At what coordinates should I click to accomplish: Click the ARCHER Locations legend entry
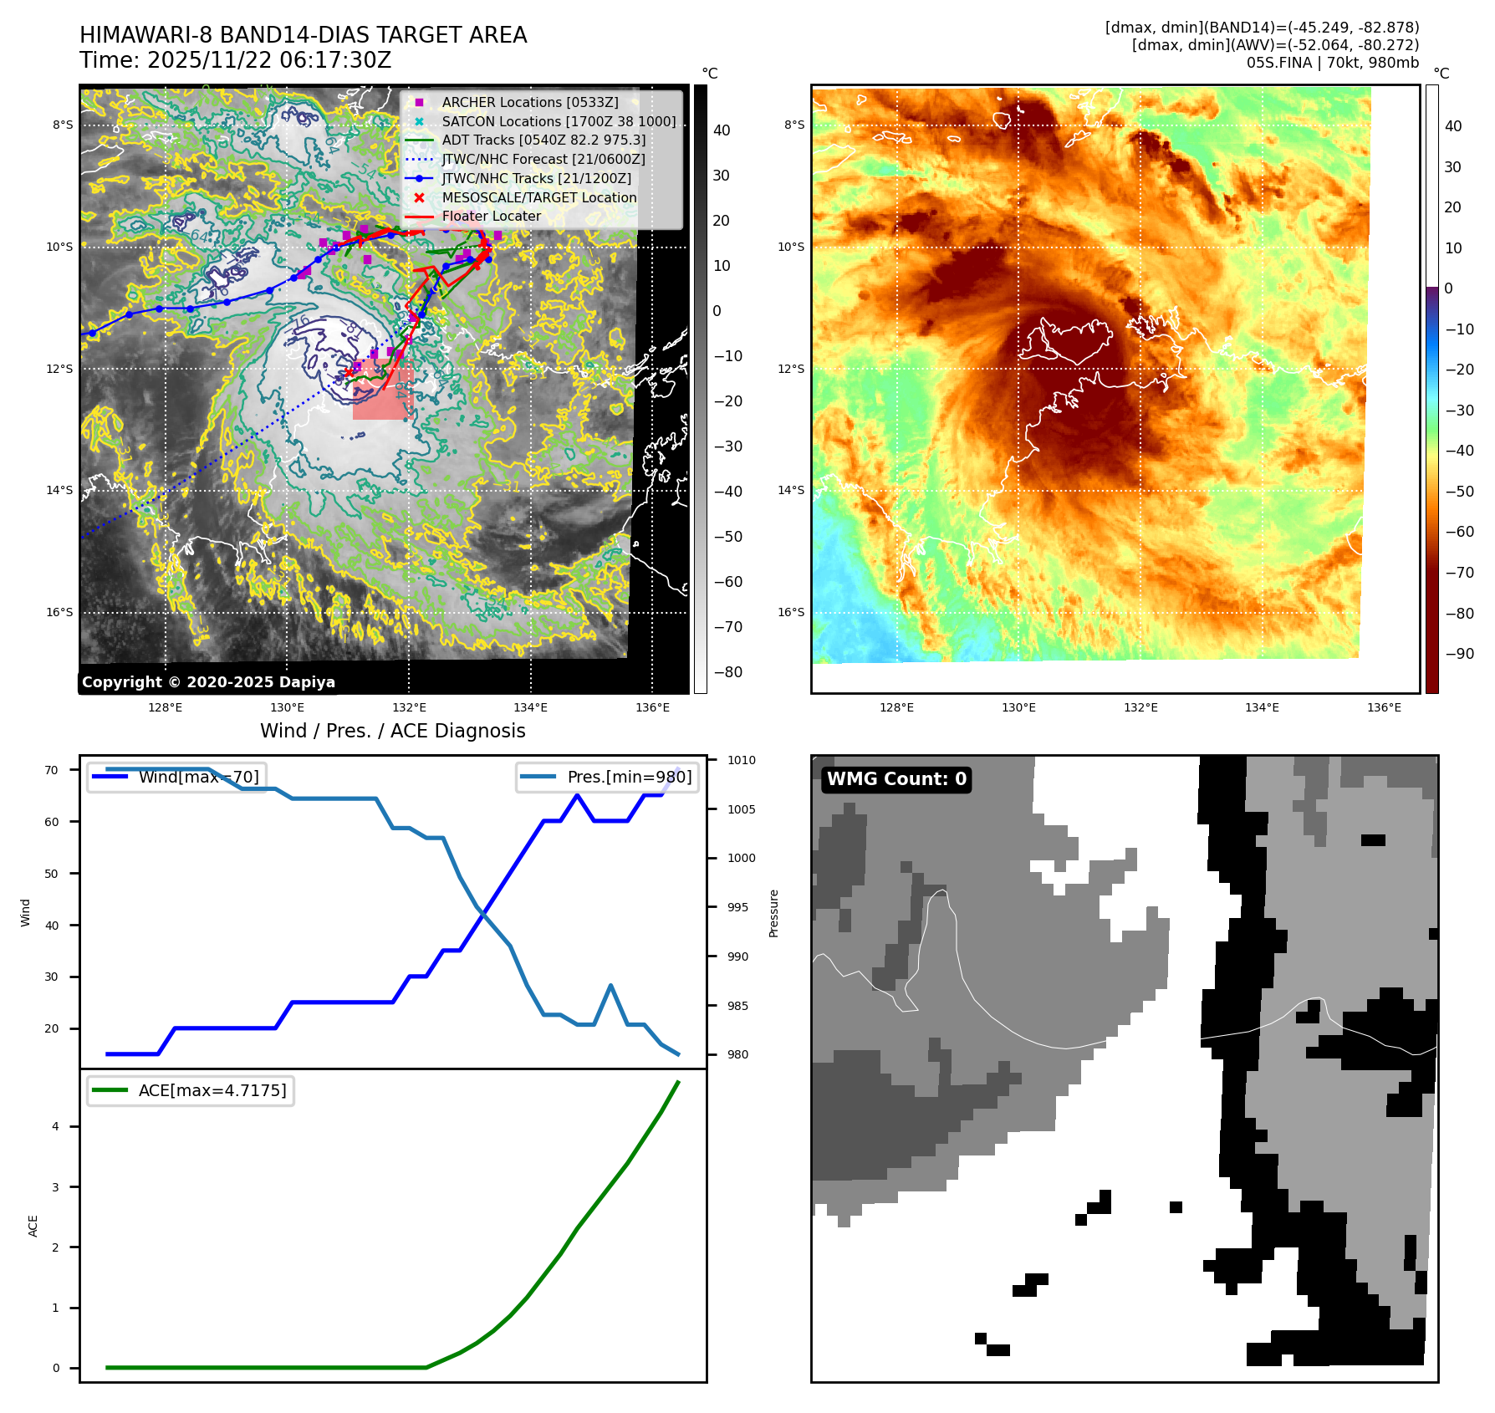[x=530, y=102]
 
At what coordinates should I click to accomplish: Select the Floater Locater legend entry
[x=491, y=217]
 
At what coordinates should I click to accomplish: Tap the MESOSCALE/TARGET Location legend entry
[x=538, y=197]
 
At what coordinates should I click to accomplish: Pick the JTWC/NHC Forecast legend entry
[x=543, y=159]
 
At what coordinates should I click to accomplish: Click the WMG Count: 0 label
[x=896, y=779]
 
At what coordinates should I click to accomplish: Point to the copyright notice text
[x=208, y=682]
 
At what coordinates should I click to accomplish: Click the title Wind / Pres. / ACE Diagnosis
[x=393, y=731]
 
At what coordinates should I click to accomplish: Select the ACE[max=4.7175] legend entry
[x=212, y=1090]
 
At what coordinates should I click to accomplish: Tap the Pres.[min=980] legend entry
[x=629, y=777]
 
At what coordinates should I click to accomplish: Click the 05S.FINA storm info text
[x=1332, y=63]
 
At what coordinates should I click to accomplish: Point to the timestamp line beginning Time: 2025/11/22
[x=236, y=60]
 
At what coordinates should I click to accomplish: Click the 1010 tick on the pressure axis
[x=741, y=760]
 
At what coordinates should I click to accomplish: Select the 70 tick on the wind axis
[x=52, y=770]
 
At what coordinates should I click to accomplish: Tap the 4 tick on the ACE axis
[x=56, y=1126]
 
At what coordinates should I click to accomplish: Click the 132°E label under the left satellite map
[x=409, y=707]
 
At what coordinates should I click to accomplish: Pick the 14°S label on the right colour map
[x=791, y=490]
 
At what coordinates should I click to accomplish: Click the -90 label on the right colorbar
[x=1460, y=654]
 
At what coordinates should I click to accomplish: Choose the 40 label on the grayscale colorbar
[x=722, y=130]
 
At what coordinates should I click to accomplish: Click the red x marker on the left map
[x=349, y=372]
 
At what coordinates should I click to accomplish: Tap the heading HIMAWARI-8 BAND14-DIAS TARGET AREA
[x=304, y=35]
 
